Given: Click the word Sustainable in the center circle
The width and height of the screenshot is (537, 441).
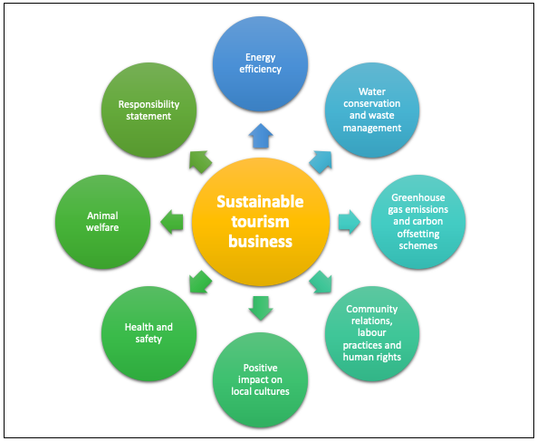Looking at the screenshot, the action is [x=260, y=202].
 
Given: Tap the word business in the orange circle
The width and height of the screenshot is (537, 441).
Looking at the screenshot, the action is [x=260, y=242].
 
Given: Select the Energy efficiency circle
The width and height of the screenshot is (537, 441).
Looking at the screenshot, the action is [x=260, y=64].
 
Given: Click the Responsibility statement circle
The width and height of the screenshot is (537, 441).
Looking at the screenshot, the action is [x=149, y=110].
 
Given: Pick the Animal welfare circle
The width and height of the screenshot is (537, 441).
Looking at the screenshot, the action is [x=102, y=222].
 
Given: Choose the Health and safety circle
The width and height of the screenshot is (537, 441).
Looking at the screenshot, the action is [x=149, y=334].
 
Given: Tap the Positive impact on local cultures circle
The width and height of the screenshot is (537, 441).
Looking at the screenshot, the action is [x=260, y=380].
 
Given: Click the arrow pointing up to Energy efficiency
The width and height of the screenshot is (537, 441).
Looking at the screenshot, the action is [x=261, y=136].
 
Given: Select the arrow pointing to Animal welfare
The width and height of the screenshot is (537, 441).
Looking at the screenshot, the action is [x=172, y=222].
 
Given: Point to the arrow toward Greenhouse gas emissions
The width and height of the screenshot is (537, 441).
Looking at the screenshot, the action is [x=350, y=222].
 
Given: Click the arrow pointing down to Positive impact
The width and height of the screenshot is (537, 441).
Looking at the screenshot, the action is [x=261, y=308].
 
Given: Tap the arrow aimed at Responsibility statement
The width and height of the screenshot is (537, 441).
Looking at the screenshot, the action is [x=200, y=162].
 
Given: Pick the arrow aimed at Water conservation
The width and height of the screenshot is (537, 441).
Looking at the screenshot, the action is [x=321, y=162].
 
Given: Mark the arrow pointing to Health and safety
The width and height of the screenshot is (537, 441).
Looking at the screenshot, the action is [x=200, y=283].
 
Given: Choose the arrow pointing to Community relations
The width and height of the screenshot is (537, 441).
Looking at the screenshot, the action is [x=321, y=283].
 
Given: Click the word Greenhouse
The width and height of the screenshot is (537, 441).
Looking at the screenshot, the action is [x=418, y=197].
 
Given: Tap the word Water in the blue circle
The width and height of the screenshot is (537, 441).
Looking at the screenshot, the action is [x=372, y=91].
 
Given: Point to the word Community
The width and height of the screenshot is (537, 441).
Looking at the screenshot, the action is [x=372, y=309].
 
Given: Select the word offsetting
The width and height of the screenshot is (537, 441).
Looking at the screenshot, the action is [x=418, y=234].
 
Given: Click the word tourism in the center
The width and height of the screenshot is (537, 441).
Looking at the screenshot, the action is [x=260, y=222].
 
